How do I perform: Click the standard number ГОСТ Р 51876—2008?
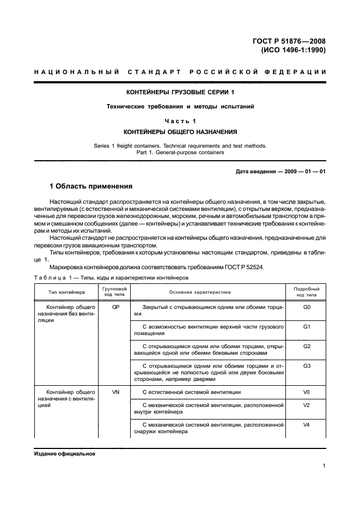coord(292,41)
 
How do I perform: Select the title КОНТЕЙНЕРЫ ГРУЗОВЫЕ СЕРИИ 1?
coord(180,92)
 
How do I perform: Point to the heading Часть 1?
coord(180,120)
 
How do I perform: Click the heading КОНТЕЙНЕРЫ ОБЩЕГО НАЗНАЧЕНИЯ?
coord(180,132)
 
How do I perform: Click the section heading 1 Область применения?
coord(91,186)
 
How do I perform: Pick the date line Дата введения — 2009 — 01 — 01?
coord(280,172)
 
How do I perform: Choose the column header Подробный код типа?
coord(306,292)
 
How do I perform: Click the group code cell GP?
coord(115,307)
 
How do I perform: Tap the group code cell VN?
coord(115,392)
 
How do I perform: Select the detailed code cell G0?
coord(306,307)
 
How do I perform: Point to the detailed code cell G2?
coord(306,346)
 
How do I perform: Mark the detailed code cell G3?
coord(306,366)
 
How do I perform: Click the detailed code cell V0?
coord(306,392)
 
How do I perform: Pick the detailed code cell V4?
coord(306,424)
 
